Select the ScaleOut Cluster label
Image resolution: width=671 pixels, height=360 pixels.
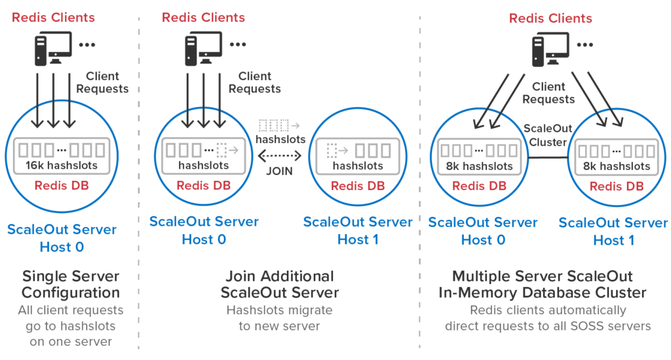[x=541, y=134]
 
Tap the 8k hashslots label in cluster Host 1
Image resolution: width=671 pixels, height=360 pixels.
[x=616, y=166]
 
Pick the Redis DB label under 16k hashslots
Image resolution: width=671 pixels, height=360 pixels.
[x=62, y=186]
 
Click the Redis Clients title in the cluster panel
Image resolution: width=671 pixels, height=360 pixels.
[x=550, y=18]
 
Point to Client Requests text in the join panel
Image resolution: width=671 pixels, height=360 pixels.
[x=259, y=83]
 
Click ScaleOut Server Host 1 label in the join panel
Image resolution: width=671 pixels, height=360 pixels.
[x=358, y=231]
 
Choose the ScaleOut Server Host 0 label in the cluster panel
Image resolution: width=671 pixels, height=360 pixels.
[x=483, y=231]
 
